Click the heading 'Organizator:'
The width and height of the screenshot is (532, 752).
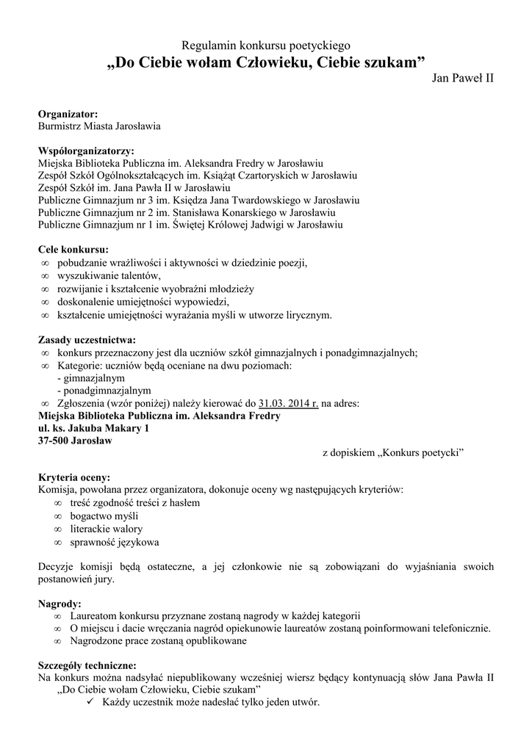[68, 114]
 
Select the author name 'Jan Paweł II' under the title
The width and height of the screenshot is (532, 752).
[462, 78]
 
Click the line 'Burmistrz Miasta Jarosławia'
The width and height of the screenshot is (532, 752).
[99, 126]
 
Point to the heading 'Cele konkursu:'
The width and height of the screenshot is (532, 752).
[73, 249]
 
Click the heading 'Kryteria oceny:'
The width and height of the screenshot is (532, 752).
[74, 477]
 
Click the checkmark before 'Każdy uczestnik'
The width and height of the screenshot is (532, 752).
[90, 702]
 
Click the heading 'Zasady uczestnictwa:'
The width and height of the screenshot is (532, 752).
[86, 340]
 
